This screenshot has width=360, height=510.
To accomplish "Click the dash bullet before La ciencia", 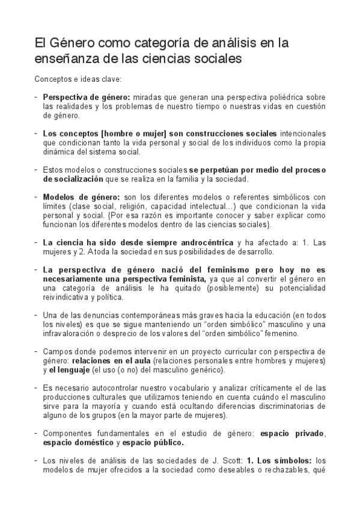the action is coord(37,242).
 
